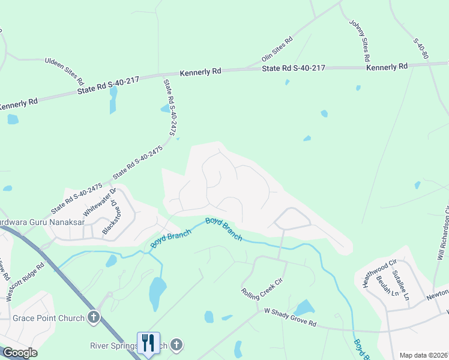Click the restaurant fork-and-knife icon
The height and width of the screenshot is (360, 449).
tap(148, 343)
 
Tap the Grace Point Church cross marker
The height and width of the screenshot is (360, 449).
tap(93, 317)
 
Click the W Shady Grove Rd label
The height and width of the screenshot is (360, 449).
tap(290, 319)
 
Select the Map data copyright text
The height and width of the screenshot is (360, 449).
tap(423, 355)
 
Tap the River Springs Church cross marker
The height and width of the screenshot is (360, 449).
tap(176, 345)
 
